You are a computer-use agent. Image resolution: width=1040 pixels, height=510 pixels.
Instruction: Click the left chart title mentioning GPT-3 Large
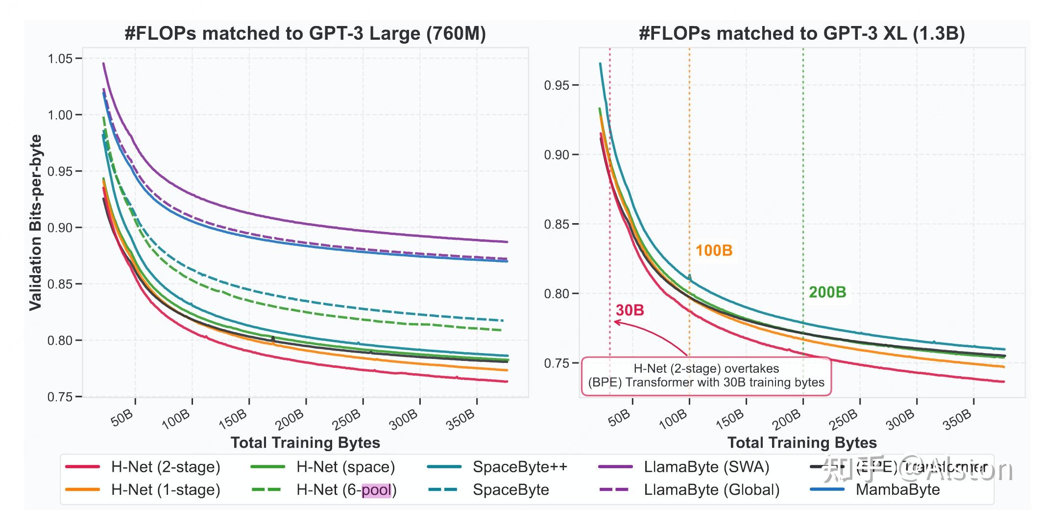305,33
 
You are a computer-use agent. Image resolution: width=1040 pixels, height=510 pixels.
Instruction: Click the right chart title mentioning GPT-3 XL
801,33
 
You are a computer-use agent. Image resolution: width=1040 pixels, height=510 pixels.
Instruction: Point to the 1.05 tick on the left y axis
60,59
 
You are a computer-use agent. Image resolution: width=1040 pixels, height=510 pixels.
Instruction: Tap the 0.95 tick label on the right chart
556,85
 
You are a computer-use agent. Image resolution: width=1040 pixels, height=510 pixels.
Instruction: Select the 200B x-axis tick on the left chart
290,418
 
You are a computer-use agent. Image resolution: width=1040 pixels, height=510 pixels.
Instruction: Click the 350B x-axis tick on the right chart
958,418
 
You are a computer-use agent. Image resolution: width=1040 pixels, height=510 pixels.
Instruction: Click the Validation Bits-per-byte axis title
35,223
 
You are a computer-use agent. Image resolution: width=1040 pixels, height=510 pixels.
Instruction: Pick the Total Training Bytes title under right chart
801,443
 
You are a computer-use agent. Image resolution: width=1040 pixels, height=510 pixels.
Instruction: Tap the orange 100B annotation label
714,251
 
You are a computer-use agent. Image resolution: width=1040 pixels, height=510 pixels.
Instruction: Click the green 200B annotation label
827,292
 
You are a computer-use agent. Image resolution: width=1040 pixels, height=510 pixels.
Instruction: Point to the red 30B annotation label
629,310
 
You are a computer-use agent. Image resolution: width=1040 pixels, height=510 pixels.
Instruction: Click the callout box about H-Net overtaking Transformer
706,376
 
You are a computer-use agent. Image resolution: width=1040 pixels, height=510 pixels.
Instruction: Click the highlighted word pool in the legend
376,490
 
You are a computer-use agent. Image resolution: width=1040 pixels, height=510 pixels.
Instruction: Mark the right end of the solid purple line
507,242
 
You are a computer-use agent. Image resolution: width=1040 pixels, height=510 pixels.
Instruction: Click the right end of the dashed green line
501,330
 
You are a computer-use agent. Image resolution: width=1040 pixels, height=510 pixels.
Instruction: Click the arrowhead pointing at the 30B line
616,322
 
